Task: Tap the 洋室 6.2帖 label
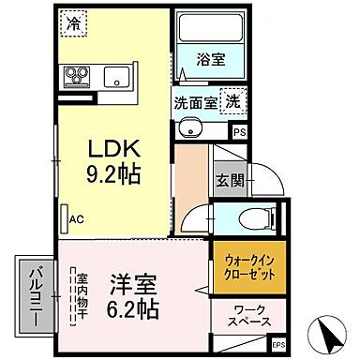point(130,294)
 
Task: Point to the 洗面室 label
point(194,103)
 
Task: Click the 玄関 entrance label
point(228,179)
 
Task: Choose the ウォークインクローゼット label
point(248,267)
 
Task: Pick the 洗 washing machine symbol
point(235,101)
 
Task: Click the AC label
point(76,219)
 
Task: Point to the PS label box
point(240,132)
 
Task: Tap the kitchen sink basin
point(118,77)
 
